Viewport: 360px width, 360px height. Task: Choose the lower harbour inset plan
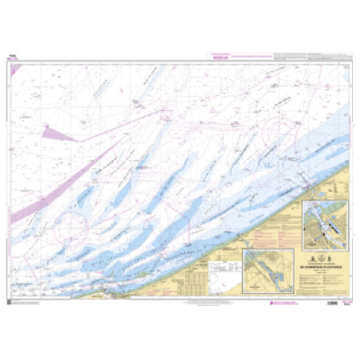268,272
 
